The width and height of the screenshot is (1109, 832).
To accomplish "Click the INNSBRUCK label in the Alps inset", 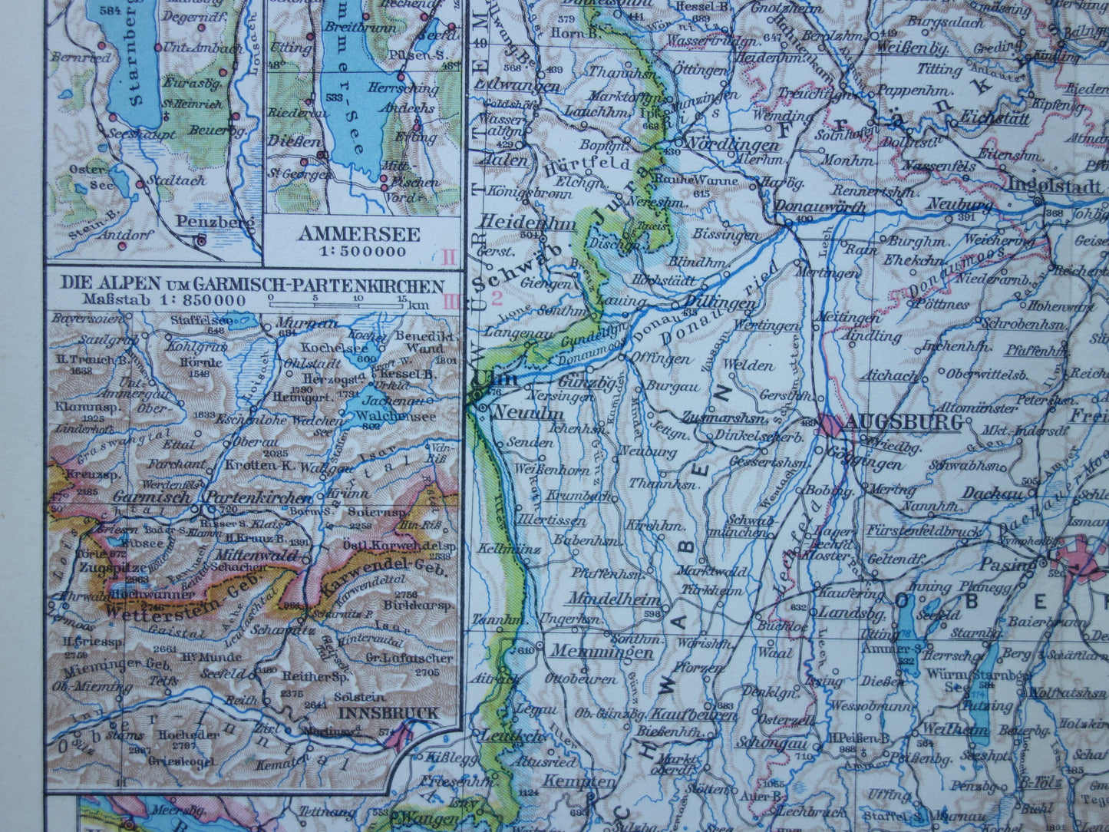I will (388, 713).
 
